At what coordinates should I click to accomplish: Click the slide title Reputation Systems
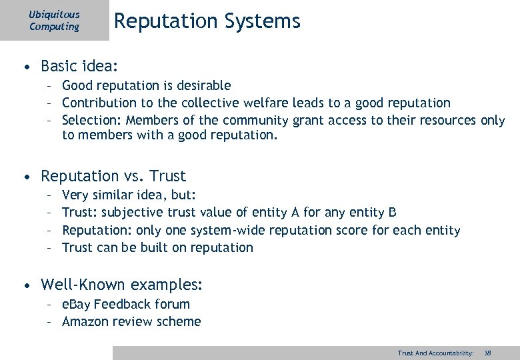click(x=207, y=21)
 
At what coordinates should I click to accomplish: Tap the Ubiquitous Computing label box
click(x=54, y=21)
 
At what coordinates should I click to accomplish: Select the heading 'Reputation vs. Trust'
click(x=113, y=176)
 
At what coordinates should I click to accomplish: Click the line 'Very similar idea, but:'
click(x=129, y=195)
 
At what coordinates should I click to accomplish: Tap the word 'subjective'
click(x=133, y=213)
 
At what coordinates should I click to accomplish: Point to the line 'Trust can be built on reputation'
click(x=157, y=247)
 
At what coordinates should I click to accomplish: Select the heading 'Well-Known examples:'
click(x=121, y=285)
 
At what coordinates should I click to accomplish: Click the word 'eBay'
click(x=77, y=304)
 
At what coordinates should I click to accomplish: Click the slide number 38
click(x=487, y=353)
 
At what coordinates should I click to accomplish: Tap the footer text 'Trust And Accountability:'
click(x=435, y=353)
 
